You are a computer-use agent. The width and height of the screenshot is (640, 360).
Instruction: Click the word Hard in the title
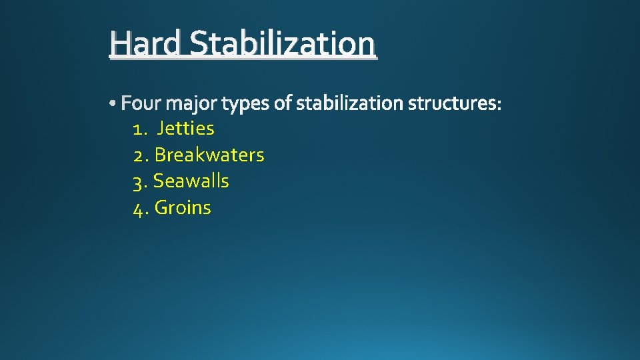point(147,44)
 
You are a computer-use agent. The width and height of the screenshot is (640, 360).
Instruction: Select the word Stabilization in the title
point(282,44)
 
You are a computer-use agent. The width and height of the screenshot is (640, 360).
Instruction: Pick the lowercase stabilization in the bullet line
point(349,103)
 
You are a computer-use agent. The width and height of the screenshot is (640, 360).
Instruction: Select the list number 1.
point(137,128)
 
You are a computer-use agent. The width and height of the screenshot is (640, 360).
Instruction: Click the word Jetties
point(185,128)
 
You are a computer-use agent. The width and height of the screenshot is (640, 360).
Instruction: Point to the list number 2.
point(139,155)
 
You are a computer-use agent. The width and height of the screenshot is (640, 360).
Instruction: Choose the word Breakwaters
point(209,155)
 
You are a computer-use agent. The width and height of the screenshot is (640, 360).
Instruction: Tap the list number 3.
point(139,181)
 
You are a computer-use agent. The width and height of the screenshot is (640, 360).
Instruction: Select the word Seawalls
point(191,181)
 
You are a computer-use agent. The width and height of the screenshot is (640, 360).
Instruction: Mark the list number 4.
point(139,208)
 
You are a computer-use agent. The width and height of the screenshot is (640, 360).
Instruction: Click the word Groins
point(183,208)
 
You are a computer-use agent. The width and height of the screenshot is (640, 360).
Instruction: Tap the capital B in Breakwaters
point(160,155)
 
